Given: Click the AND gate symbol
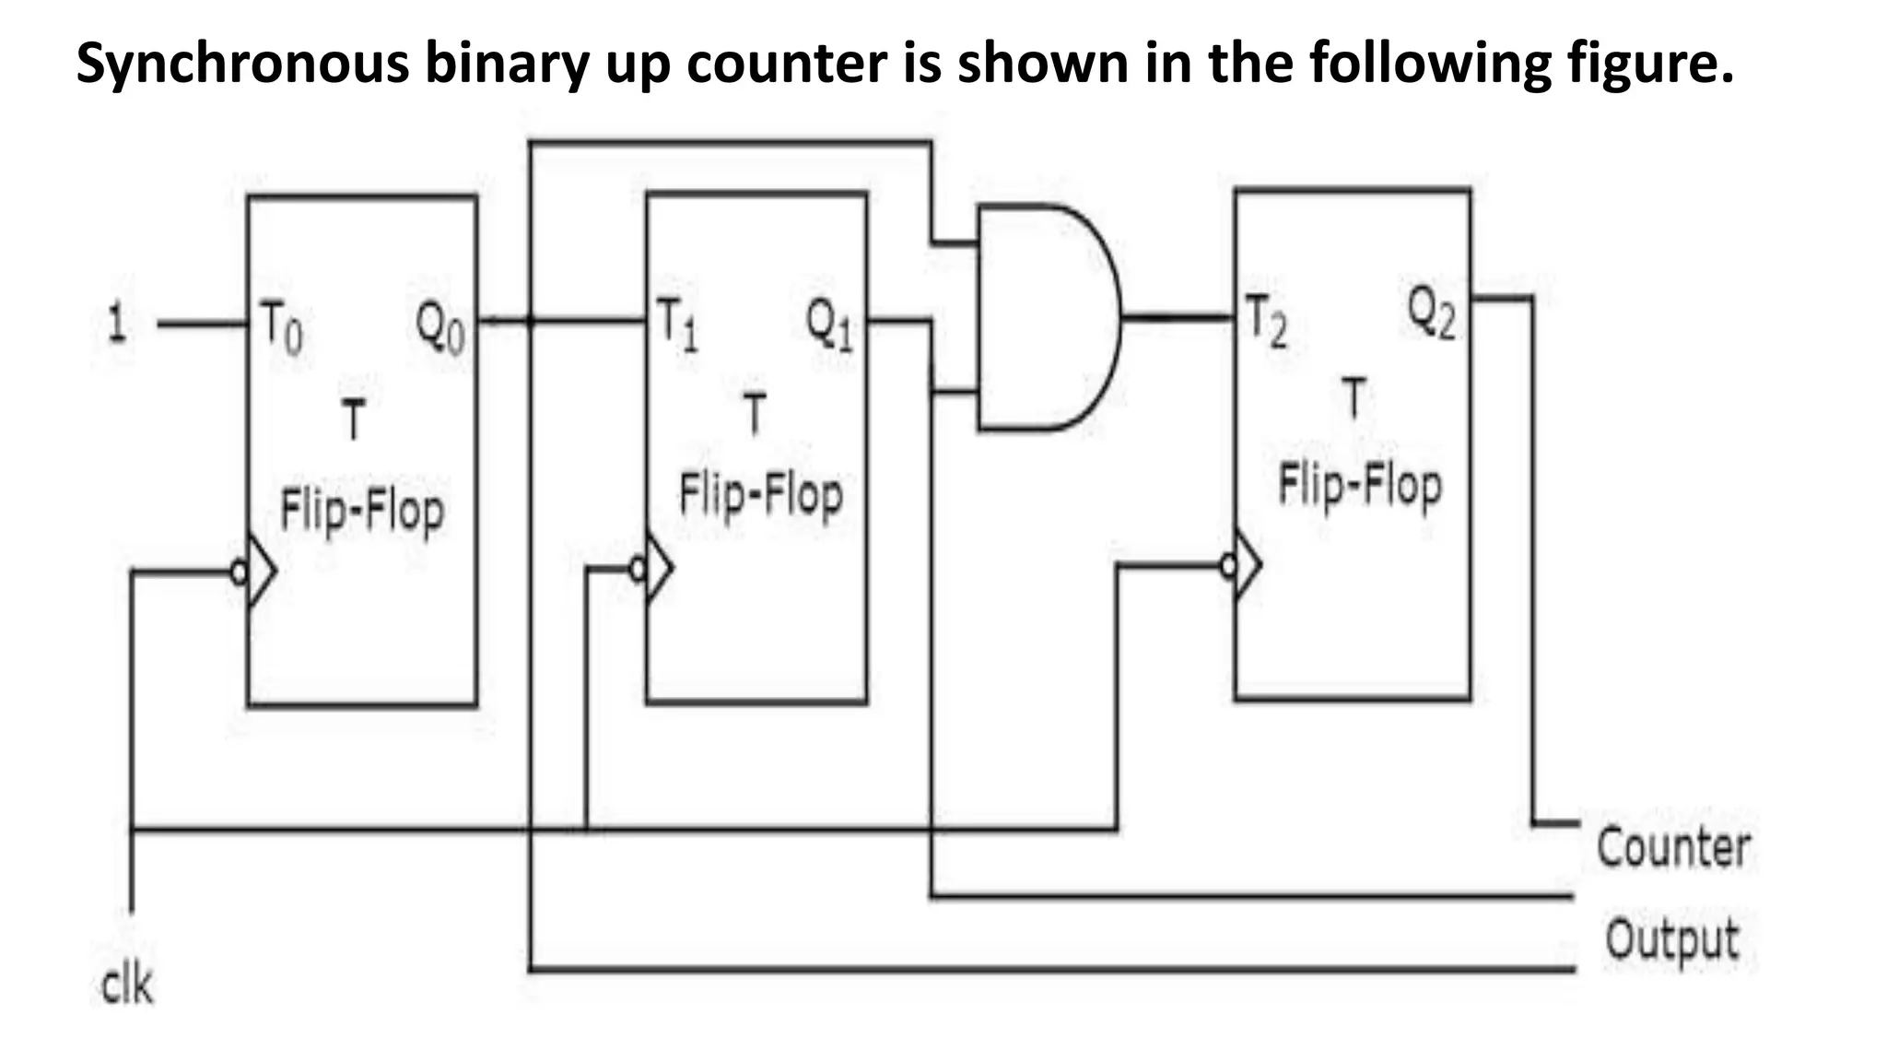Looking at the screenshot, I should pyautogui.click(x=1046, y=318).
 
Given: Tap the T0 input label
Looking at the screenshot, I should pyautogui.click(x=280, y=327).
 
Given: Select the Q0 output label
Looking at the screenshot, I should pyautogui.click(x=440, y=327).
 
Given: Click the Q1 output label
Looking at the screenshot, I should pyautogui.click(x=829, y=324).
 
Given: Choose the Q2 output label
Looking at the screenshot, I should pyautogui.click(x=1431, y=313).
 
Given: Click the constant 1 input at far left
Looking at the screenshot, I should pyautogui.click(x=115, y=324).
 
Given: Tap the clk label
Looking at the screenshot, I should pyautogui.click(x=126, y=985).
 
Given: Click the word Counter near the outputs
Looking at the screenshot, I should pyautogui.click(x=1672, y=847).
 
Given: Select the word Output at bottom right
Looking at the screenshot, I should pyautogui.click(x=1671, y=939).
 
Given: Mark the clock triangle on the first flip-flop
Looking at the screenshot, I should pyautogui.click(x=262, y=572).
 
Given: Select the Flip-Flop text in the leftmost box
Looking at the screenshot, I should pyautogui.click(x=361, y=511).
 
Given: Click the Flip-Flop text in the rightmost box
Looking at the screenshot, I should pyautogui.click(x=1359, y=486).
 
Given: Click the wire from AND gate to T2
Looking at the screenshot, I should pyautogui.click(x=1178, y=318).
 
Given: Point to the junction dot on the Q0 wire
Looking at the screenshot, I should pyautogui.click(x=531, y=321).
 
